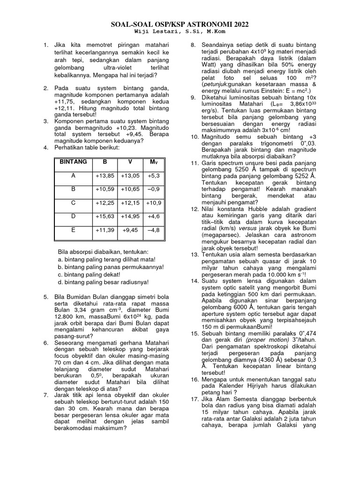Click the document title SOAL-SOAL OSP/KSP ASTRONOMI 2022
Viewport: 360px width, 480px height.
click(180, 24)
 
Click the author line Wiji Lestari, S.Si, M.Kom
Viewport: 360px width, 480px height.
click(180, 32)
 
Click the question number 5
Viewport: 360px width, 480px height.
click(45, 297)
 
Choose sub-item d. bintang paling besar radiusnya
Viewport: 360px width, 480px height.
click(103, 282)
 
